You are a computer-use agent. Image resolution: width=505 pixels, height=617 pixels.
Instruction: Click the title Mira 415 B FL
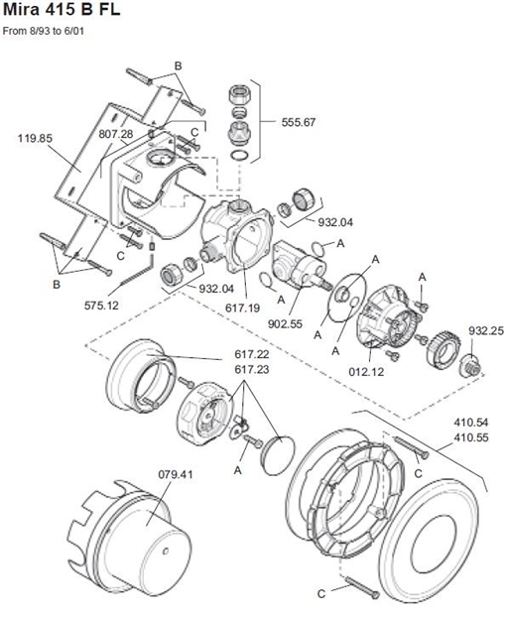pyautogui.click(x=62, y=12)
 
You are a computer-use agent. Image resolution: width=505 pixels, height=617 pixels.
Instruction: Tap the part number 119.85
pyautogui.click(x=35, y=138)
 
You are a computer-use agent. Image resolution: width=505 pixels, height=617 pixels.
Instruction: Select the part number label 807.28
pyautogui.click(x=115, y=133)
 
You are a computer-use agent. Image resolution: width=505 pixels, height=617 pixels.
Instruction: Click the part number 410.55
pyautogui.click(x=471, y=436)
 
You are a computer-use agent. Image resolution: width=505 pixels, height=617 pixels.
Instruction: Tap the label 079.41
pyautogui.click(x=174, y=473)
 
